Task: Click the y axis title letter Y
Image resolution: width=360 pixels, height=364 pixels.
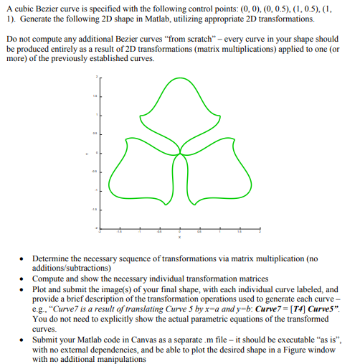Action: click(86, 152)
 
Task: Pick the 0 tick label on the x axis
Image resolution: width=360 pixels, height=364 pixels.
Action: click(179, 232)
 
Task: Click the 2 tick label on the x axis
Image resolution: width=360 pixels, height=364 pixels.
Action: click(260, 232)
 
